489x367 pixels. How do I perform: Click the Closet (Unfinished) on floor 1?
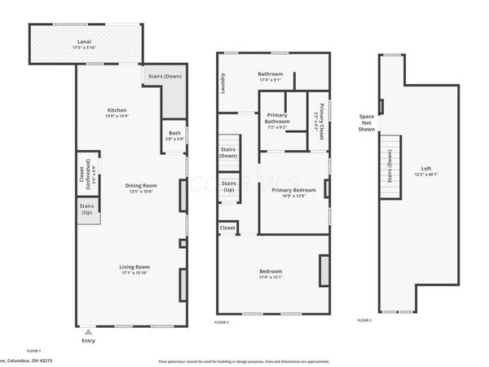click(86, 175)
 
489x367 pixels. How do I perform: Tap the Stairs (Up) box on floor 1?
click(86, 210)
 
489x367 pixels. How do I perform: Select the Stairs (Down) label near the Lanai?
click(164, 77)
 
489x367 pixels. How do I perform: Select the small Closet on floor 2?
click(227, 229)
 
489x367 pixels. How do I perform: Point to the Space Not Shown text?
click(367, 122)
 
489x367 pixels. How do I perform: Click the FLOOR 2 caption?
click(222, 324)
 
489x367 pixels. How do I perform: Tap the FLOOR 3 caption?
click(364, 321)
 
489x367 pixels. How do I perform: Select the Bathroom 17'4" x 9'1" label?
click(270, 76)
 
